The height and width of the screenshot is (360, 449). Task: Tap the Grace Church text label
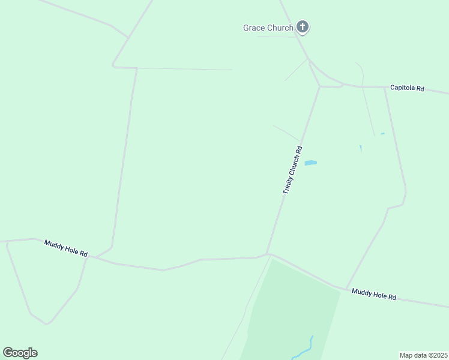(x=268, y=28)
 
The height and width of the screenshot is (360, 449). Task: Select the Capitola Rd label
(x=407, y=88)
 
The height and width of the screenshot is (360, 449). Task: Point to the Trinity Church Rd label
(x=292, y=170)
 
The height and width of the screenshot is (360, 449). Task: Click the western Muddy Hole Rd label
(x=65, y=248)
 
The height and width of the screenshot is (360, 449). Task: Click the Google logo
(x=20, y=353)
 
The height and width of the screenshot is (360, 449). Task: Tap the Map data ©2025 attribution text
(x=423, y=355)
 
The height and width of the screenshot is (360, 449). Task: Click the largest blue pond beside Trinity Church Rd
(x=310, y=163)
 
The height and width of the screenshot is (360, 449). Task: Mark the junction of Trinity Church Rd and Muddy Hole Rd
(x=268, y=254)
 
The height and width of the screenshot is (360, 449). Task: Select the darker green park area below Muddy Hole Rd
(x=288, y=312)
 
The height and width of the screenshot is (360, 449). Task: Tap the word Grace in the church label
(x=253, y=28)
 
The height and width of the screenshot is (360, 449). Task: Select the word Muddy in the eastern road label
(x=362, y=292)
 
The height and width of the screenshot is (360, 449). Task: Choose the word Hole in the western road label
(x=68, y=250)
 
